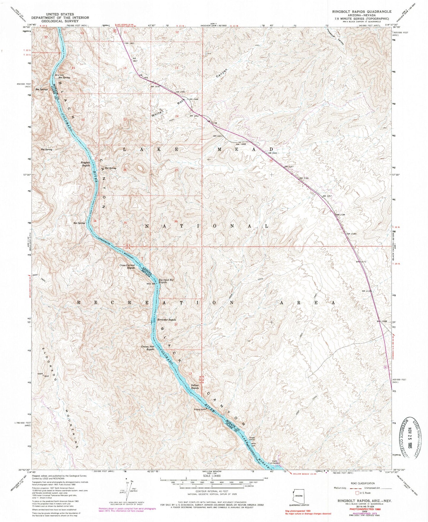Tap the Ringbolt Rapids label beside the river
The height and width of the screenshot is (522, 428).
coord(85,164)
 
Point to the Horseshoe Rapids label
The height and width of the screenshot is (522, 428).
coord(167,320)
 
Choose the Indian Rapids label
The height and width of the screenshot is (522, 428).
coord(194,387)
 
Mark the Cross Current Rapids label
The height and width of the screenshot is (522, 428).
coord(127,266)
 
